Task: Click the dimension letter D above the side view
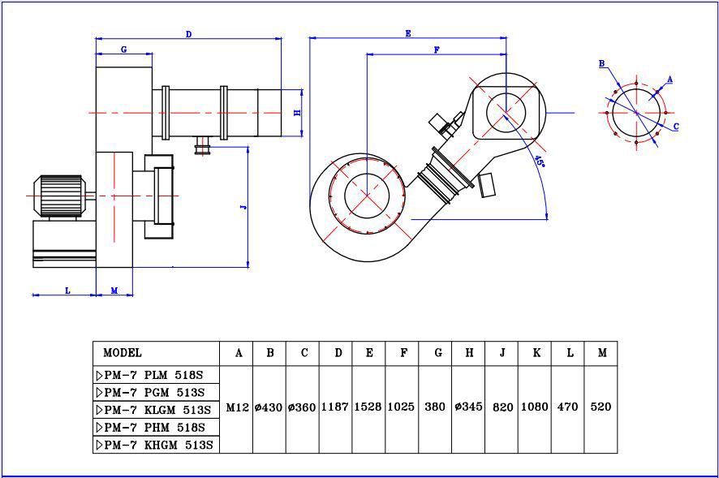[x=188, y=34]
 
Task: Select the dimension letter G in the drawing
[x=124, y=50]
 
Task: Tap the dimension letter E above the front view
[x=408, y=33]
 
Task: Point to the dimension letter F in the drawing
[x=437, y=50]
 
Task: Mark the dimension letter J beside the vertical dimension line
[x=244, y=207]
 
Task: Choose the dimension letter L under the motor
[x=68, y=291]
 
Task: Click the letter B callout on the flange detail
[x=602, y=64]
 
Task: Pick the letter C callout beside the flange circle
[x=676, y=126]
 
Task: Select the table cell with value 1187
[x=334, y=407]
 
